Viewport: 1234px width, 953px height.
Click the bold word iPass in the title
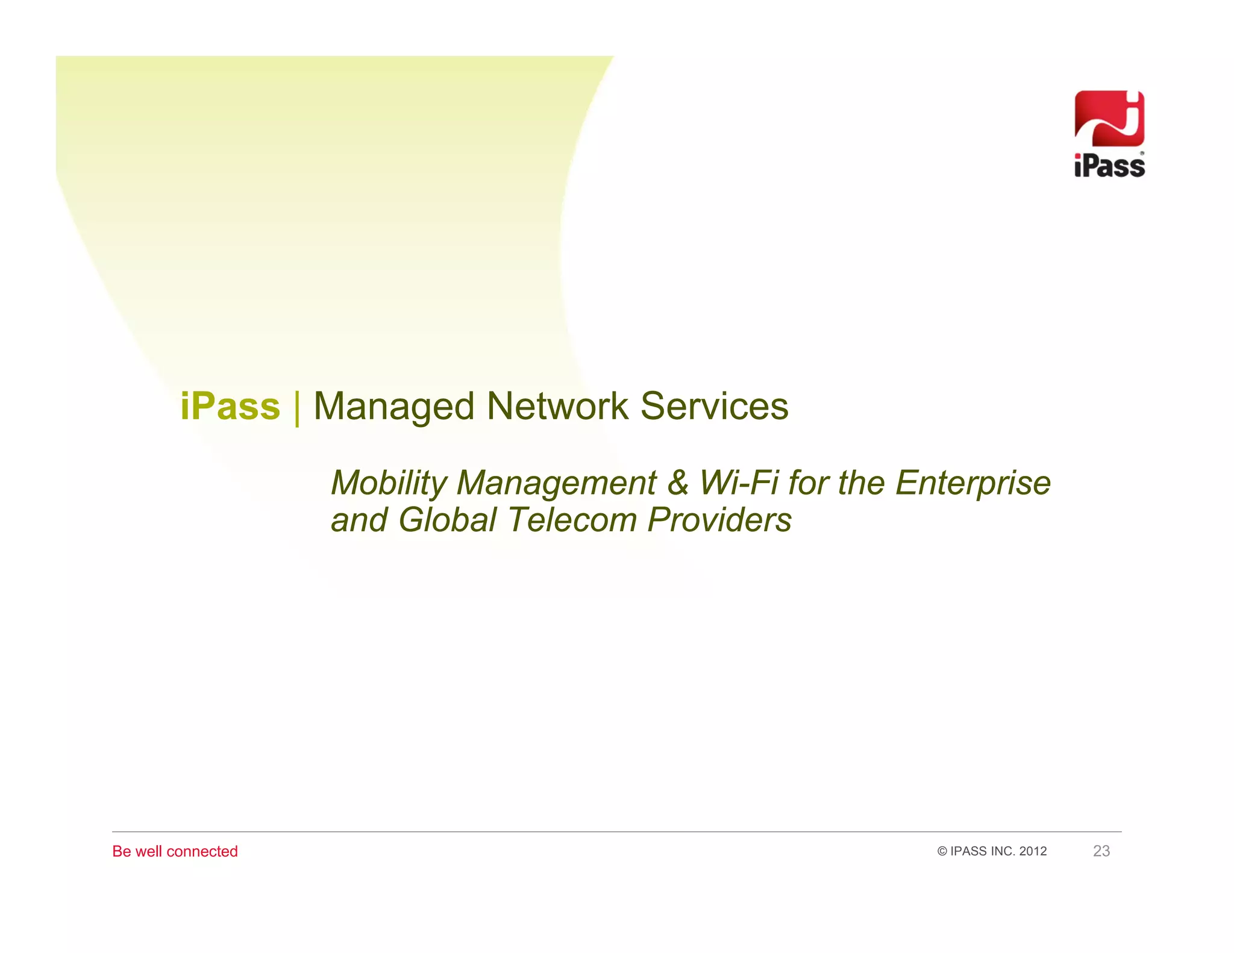click(x=230, y=407)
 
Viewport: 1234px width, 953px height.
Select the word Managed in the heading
click(x=394, y=407)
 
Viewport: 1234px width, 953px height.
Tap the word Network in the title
click(x=557, y=407)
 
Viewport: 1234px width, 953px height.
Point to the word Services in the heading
click(x=714, y=407)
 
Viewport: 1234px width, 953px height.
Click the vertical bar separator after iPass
click(x=297, y=408)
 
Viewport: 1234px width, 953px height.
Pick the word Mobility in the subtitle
click(x=389, y=483)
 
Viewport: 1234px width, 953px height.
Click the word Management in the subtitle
click(x=556, y=483)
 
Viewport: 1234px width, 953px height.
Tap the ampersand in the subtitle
click(x=678, y=483)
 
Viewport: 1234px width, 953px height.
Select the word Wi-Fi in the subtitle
click(x=738, y=483)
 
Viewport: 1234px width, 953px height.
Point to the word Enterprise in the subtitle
click(x=972, y=483)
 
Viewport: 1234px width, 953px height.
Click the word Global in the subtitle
click(x=447, y=520)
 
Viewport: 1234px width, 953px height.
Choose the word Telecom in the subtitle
click(x=572, y=520)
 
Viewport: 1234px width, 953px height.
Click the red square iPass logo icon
click(x=1109, y=119)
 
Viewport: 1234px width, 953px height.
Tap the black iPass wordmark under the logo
click(x=1109, y=166)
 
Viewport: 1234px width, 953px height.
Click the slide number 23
click(x=1101, y=851)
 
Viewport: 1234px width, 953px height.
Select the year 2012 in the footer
click(x=1033, y=851)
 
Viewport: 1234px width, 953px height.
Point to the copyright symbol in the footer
click(x=942, y=851)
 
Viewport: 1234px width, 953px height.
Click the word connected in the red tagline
click(x=202, y=851)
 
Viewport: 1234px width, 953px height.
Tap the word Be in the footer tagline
click(x=121, y=851)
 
